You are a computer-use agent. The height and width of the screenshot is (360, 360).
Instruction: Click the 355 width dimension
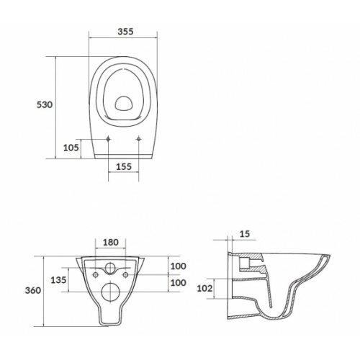[126, 31]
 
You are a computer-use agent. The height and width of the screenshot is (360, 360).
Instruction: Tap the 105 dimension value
[71, 148]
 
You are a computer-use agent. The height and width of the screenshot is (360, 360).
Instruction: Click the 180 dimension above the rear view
[111, 243]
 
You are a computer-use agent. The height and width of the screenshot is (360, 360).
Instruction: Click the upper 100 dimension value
[178, 266]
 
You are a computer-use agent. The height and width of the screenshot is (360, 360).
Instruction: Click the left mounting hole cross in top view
[107, 139]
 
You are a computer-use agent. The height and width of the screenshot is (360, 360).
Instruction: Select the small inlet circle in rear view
[112, 270]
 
